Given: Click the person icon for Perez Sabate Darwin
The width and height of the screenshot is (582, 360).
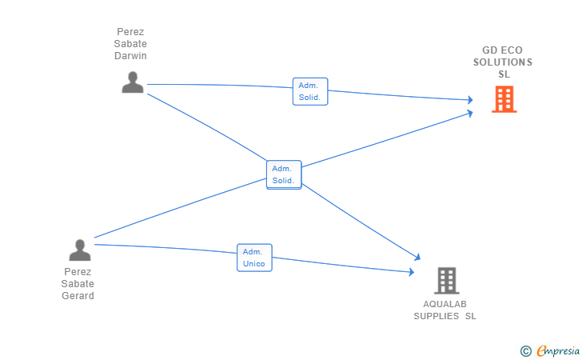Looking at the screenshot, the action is click(x=133, y=82).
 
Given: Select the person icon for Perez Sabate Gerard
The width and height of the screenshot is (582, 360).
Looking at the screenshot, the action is click(x=80, y=250).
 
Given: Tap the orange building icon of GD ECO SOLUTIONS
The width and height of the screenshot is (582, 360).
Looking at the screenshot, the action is click(x=504, y=99).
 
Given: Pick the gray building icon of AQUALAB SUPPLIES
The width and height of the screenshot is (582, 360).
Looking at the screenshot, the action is click(x=447, y=281).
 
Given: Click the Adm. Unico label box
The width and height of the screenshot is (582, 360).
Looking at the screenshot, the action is click(x=254, y=258).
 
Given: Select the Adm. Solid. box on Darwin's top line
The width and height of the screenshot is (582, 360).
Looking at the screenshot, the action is click(x=310, y=91).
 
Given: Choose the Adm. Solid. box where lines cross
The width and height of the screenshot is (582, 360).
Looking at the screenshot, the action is click(x=284, y=174).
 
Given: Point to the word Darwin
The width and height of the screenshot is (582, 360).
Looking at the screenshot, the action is click(x=130, y=56).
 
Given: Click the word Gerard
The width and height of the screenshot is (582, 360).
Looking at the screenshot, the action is click(x=78, y=296).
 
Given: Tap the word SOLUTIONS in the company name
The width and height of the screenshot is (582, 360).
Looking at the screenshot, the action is click(x=503, y=62).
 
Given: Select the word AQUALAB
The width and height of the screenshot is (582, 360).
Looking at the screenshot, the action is click(x=444, y=304).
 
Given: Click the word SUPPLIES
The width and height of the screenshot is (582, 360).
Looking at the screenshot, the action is click(x=436, y=316).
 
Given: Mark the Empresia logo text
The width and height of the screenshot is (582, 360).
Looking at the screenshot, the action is click(x=558, y=350).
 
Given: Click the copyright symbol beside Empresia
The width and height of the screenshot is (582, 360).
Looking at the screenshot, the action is click(x=526, y=351).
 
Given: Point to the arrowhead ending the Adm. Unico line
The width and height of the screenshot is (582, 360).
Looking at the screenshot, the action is click(x=412, y=272).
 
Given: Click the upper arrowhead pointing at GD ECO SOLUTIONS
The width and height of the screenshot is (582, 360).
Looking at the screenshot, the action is click(x=470, y=99).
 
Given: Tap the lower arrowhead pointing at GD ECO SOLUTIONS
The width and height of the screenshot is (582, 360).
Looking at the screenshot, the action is click(x=470, y=113).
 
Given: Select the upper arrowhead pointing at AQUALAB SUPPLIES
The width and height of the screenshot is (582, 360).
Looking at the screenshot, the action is click(x=417, y=257).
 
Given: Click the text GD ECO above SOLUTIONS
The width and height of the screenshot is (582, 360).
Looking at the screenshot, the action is click(x=503, y=50).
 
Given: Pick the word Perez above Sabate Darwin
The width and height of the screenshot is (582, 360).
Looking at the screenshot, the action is click(x=130, y=32).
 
